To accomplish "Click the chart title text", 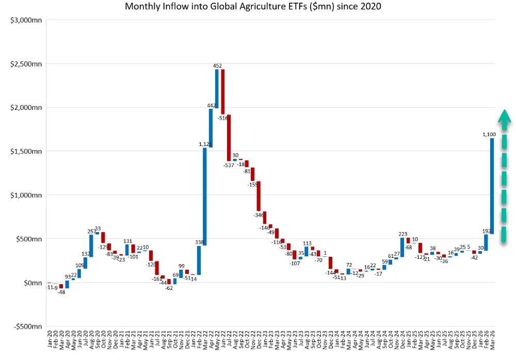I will (x=253, y=7).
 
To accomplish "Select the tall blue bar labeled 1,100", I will (x=492, y=186).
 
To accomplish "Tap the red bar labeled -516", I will (x=223, y=92).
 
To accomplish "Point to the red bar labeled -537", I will (x=229, y=138).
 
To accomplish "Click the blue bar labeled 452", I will (x=217, y=89).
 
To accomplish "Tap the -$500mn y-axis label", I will (x=26, y=326).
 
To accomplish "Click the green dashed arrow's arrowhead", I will (x=504, y=117).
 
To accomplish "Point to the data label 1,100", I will (x=489, y=135).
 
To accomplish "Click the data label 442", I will (x=212, y=105).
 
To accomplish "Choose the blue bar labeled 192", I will (x=486, y=242).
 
